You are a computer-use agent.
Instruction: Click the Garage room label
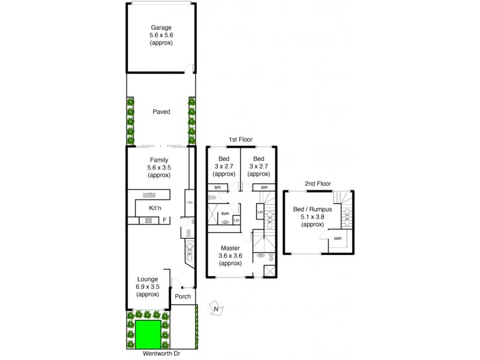coord(161,28)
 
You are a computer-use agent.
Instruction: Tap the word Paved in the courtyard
coord(161,112)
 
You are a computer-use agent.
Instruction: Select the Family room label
coord(159,160)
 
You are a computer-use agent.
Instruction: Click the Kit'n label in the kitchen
coord(155,208)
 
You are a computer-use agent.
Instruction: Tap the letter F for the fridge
coord(164,220)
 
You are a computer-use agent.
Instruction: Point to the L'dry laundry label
coord(189,202)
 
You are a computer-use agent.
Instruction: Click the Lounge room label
coord(147,279)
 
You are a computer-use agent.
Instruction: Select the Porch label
coord(182,296)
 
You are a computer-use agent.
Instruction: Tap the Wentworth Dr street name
coord(161,354)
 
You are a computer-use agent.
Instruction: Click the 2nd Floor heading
coord(318,184)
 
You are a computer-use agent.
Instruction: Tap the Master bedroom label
coord(230,248)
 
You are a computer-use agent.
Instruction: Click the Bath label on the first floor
coord(225,213)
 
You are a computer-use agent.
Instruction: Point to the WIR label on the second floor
coord(337,238)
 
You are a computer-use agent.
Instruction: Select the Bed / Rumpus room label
coord(316,209)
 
